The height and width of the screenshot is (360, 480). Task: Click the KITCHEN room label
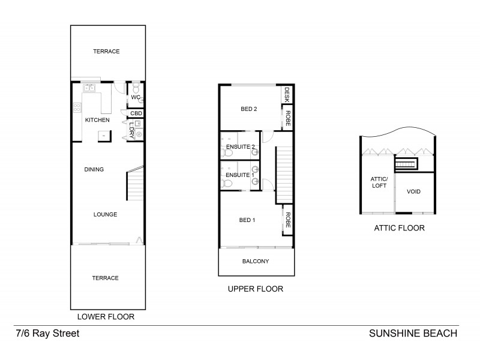point(97,121)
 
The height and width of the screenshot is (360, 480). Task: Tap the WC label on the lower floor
point(136,97)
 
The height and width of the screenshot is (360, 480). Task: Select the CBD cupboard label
point(137,113)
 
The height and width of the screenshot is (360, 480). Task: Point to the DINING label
point(94,170)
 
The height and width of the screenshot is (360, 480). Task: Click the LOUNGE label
point(105,214)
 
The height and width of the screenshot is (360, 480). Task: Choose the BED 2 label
point(249,109)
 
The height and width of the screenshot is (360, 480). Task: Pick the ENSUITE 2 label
point(239,146)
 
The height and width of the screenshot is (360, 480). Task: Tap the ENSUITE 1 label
point(239,175)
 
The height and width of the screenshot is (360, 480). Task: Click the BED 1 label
point(247,220)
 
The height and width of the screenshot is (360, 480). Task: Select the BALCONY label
point(255,261)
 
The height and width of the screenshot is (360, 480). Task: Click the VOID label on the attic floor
point(414,192)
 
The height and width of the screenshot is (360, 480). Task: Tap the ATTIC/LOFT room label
point(379,182)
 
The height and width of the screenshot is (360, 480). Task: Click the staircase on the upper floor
point(283,175)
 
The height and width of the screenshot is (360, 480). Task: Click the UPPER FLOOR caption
point(255,289)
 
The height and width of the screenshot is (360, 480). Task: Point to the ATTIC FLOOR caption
point(399,228)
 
